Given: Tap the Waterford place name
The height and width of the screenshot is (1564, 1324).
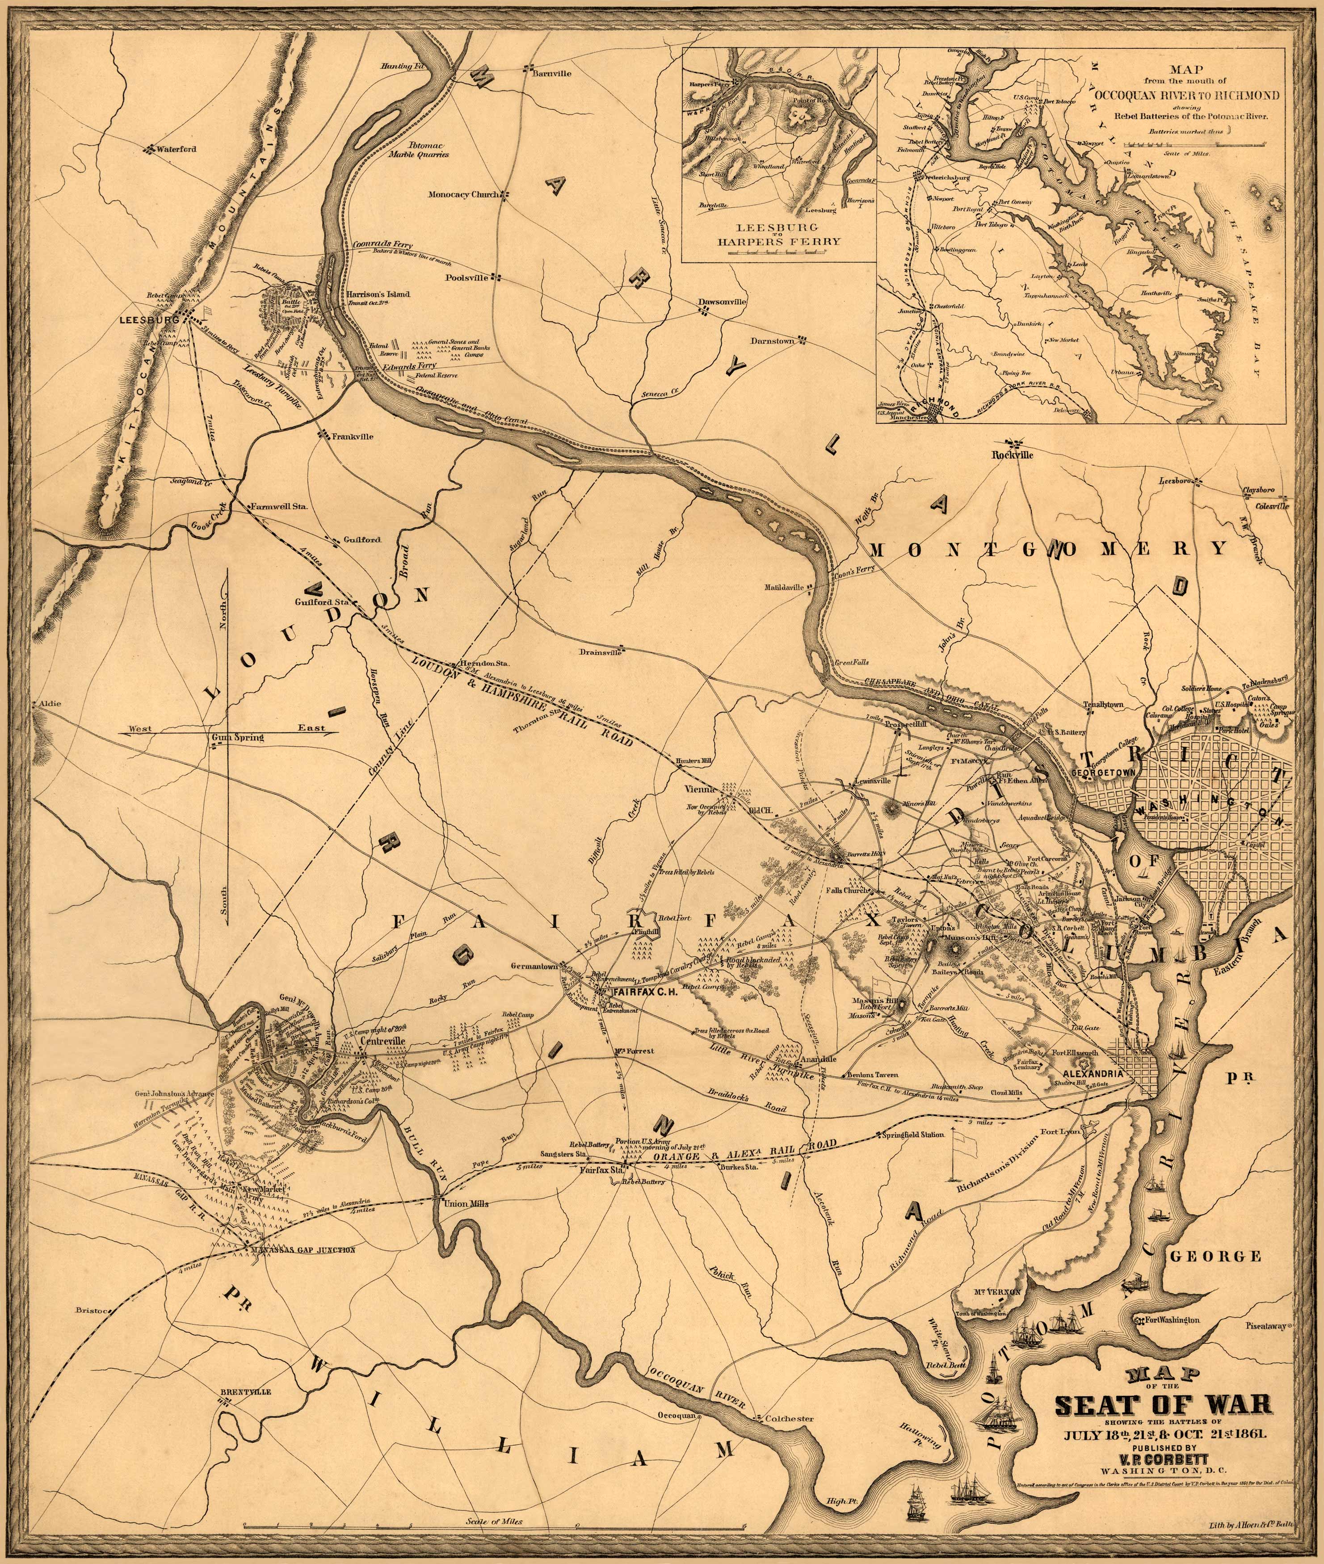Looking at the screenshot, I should [x=177, y=149].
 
